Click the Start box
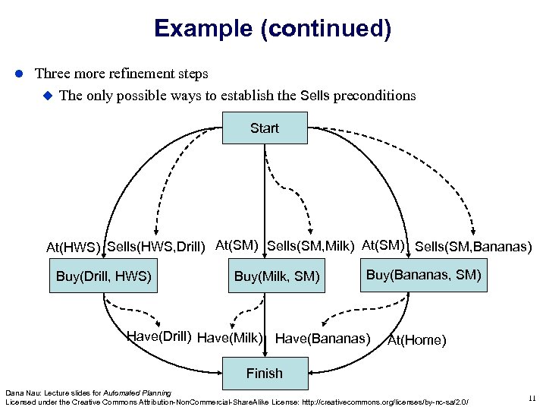point(265,128)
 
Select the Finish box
point(265,373)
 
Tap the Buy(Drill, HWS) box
point(104,276)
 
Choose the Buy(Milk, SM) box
point(277,276)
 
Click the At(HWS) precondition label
point(74,248)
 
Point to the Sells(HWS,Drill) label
point(157,245)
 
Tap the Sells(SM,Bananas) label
point(474,247)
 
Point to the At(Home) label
point(416,340)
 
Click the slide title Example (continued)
point(272,29)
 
